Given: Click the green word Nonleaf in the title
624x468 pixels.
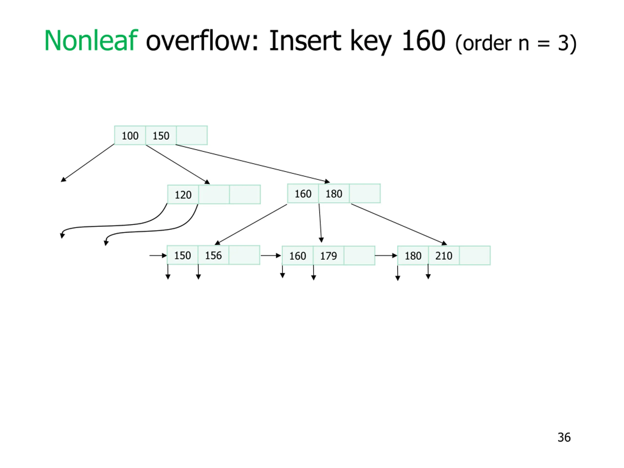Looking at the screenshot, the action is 91,41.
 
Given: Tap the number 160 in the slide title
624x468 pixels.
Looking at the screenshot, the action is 423,41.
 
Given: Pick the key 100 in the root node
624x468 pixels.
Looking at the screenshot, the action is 130,136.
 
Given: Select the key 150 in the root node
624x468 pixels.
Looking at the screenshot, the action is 161,136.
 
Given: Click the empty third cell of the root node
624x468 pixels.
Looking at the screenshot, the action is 192,136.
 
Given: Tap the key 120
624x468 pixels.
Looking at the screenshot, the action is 183,195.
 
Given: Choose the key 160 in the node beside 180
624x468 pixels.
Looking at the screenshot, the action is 303,194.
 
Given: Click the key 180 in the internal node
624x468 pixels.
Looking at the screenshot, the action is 334,194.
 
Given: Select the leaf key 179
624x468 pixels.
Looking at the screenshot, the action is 328,256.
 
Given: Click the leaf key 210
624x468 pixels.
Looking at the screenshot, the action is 444,256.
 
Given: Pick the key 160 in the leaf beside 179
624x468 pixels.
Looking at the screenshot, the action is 298,256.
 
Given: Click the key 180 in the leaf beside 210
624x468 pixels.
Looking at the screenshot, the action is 413,256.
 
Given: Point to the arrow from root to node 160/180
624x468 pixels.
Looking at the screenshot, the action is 253,163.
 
